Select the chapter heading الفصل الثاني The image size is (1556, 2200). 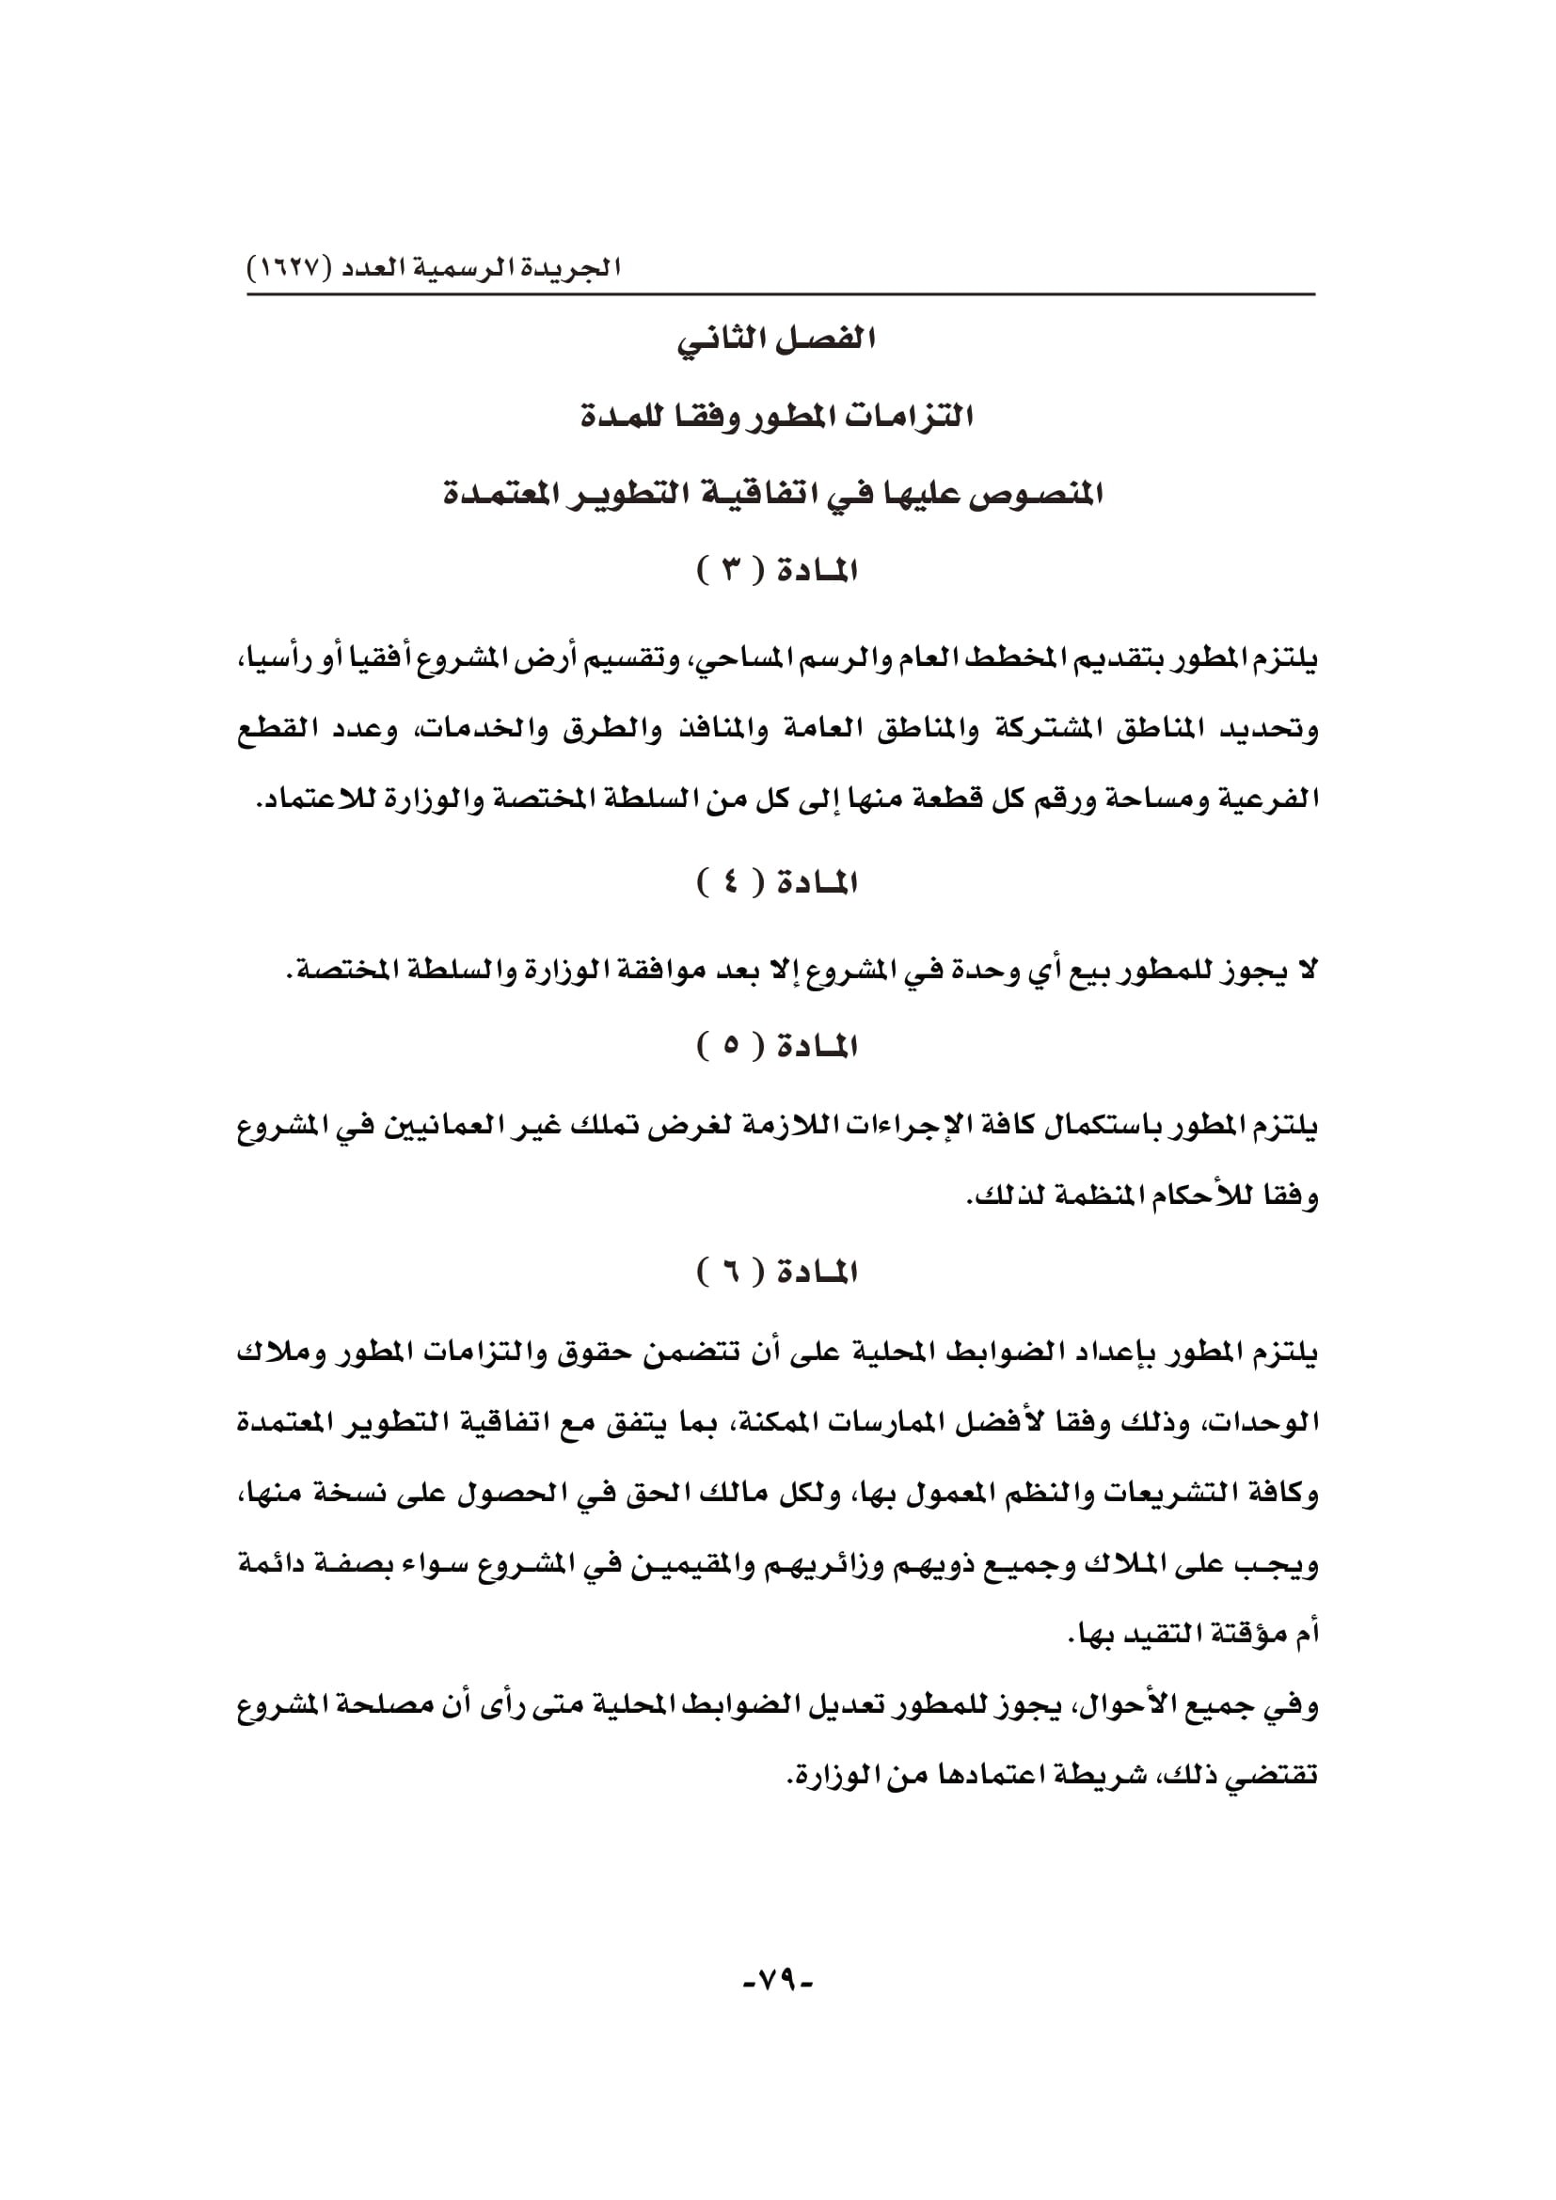pos(777,340)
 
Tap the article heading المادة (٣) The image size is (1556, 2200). pos(777,571)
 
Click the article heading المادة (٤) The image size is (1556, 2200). pos(777,881)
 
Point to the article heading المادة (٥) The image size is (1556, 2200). pos(777,1045)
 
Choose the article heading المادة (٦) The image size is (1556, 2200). pos(777,1273)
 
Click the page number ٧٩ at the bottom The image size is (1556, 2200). pos(777,1979)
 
